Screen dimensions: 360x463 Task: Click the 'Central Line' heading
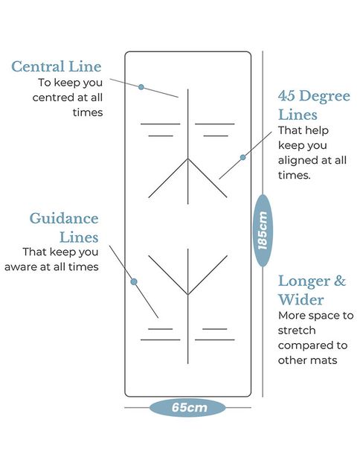point(57,66)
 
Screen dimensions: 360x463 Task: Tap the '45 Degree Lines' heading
point(314,105)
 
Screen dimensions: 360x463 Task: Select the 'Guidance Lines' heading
point(64,228)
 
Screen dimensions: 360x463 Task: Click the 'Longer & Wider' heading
point(312,290)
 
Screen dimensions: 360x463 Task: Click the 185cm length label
point(263,231)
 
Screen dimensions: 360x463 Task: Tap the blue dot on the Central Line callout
point(141,87)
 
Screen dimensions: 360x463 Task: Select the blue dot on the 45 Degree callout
point(242,157)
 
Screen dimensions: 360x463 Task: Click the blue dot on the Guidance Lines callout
point(134,281)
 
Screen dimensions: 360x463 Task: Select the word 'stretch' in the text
point(297,331)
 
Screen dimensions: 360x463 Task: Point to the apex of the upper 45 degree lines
point(188,159)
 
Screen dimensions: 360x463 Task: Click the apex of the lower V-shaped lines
point(188,294)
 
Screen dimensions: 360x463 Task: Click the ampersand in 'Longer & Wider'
point(340,281)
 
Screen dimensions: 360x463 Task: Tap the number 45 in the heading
point(286,96)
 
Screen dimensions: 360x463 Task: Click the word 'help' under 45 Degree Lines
point(316,130)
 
